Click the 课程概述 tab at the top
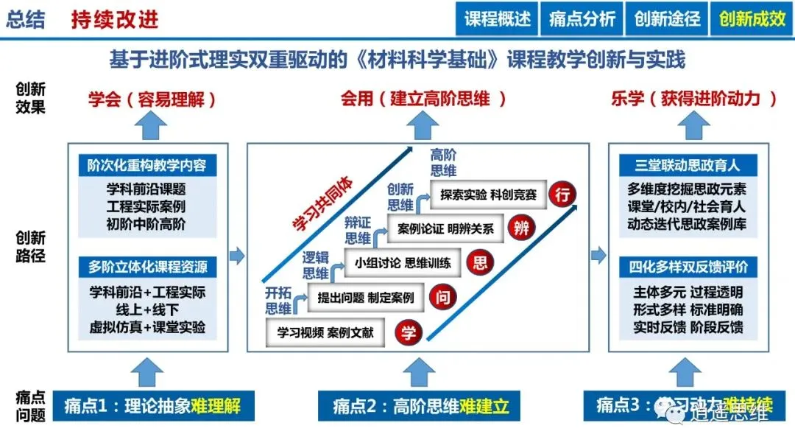click(498, 19)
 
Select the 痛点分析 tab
click(582, 19)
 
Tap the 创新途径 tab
click(667, 19)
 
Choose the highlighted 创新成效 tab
click(752, 19)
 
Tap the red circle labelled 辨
click(522, 228)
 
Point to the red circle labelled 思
click(482, 262)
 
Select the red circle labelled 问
click(445, 298)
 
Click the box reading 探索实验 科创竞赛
click(489, 195)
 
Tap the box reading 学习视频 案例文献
click(327, 332)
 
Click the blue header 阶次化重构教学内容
click(146, 165)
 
